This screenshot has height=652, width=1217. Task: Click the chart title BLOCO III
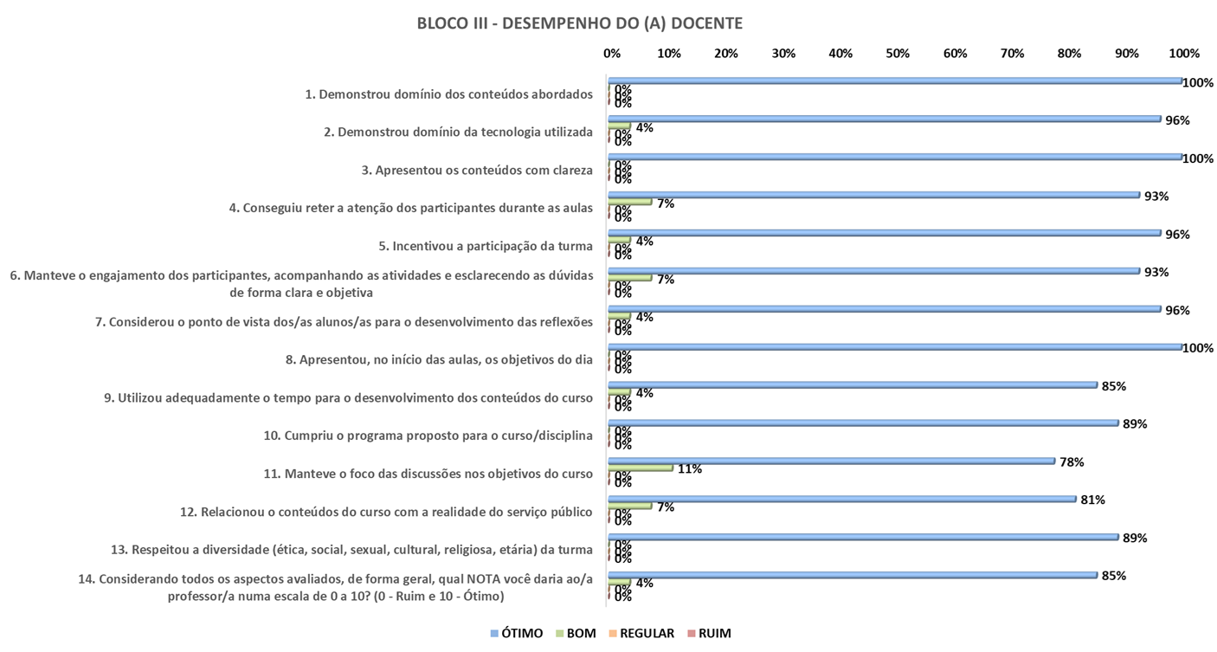tap(579, 24)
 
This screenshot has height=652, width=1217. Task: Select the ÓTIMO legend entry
tap(517, 633)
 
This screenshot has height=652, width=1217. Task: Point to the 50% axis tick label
tap(898, 54)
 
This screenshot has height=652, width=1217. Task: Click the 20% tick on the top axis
tap(725, 54)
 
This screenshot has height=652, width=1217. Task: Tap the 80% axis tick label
tap(1069, 54)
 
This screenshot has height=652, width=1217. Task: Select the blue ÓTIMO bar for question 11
tap(831, 461)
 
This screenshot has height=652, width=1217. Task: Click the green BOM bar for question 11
tap(641, 468)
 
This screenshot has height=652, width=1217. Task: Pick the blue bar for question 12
tap(841, 499)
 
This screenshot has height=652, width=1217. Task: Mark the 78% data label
tap(1072, 462)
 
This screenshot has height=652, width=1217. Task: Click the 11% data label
tap(690, 469)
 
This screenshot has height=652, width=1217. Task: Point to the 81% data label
tap(1092, 500)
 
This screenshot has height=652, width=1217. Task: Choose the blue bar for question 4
tap(874, 195)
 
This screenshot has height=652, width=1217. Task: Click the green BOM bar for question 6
tap(630, 278)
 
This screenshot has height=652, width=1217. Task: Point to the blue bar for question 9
tap(853, 384)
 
